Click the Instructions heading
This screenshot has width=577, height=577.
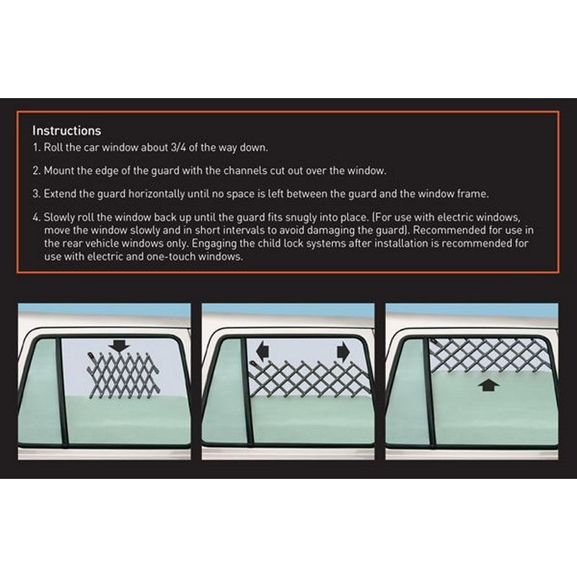point(66,131)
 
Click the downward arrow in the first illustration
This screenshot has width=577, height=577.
point(120,346)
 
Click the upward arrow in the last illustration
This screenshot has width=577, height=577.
point(489,385)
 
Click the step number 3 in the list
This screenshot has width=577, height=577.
point(35,194)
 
